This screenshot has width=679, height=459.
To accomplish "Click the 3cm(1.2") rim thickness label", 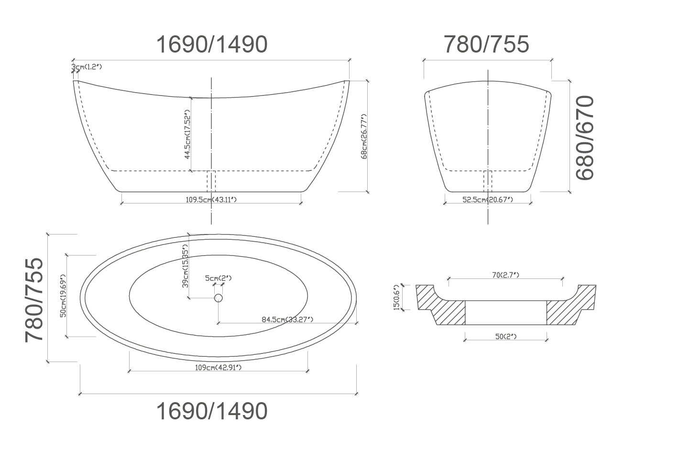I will pos(88,67).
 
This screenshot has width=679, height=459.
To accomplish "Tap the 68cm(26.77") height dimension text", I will pos(364,136).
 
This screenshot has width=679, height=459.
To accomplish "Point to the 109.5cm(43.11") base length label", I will pos(211,199).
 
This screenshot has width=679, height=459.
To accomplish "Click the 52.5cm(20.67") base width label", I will pos(487,199).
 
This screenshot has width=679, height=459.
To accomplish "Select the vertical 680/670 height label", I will pos(585,138).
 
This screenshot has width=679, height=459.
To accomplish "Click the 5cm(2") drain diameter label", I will pos(219,278).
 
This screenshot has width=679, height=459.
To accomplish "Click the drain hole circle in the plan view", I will pos(219,298).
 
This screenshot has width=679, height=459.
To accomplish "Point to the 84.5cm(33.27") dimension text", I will pos(287,320).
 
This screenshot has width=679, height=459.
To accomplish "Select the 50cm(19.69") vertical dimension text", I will pos(63,295).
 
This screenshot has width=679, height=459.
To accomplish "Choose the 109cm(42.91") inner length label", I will pos(218,367).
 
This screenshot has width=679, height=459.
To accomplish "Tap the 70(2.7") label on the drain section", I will pos(505,275).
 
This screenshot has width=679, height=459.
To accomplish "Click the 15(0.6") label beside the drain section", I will pos(396,298).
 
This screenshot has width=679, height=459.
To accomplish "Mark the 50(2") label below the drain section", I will pos(506,337).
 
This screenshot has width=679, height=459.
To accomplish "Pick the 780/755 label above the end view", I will pos(487,44).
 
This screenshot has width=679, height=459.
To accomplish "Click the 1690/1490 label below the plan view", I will pos(212,411).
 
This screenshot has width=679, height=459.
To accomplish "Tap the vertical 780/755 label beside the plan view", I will pos(34,299).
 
